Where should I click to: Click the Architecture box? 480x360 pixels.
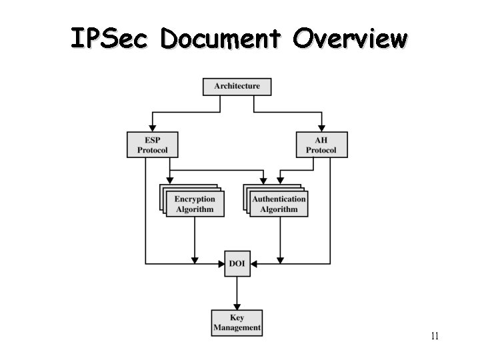pyautogui.click(x=237, y=87)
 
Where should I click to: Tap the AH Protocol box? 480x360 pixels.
pyautogui.click(x=321, y=145)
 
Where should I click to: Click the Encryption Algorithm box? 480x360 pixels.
pyautogui.click(x=195, y=204)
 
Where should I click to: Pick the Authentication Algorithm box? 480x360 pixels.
pyautogui.click(x=279, y=204)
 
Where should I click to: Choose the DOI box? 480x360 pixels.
pyautogui.click(x=237, y=264)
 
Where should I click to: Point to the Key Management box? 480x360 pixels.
pyautogui.click(x=237, y=323)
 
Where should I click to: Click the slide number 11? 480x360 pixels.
pyautogui.click(x=434, y=336)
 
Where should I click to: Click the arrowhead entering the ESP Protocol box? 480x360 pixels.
pyautogui.click(x=152, y=127)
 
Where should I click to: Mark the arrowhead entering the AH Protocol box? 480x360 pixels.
pyautogui.click(x=321, y=127)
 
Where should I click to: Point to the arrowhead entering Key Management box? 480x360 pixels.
pyautogui.click(x=237, y=305)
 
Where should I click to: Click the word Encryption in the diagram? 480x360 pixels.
pyautogui.click(x=195, y=199)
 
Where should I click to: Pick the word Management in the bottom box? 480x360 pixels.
pyautogui.click(x=237, y=328)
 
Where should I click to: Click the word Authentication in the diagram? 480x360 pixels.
pyautogui.click(x=279, y=199)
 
